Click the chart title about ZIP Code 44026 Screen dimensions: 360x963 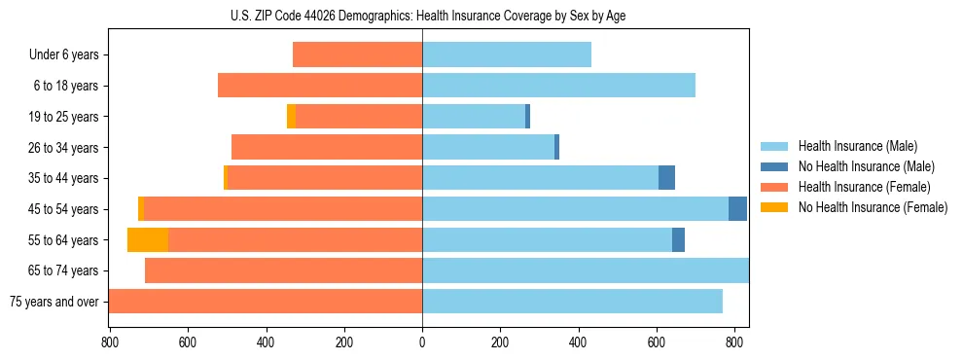point(422,16)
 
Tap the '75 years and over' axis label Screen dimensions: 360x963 point(53,302)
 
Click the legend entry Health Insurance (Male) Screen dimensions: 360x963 point(856,146)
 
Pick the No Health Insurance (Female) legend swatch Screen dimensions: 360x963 point(774,207)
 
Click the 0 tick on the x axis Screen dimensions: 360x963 point(422,342)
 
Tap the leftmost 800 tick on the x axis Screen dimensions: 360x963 point(109,342)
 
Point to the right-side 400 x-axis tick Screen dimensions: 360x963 point(578,342)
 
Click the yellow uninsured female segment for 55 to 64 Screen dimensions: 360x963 point(148,239)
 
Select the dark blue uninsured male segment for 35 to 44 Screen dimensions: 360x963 point(666,178)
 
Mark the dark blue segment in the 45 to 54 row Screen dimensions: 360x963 point(737,209)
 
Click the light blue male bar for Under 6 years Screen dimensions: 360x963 point(506,55)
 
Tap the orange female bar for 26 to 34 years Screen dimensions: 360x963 point(327,147)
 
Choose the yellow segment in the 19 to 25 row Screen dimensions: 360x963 point(291,117)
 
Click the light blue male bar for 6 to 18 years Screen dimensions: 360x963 point(558,86)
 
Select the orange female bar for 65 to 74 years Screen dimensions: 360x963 point(283,270)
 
